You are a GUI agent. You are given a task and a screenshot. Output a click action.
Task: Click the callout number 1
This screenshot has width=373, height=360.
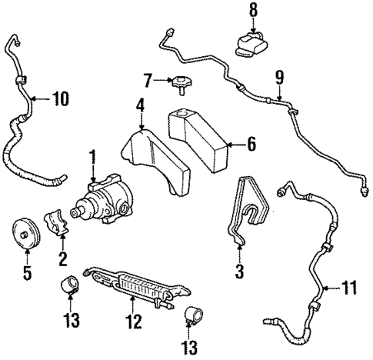[x=93, y=158]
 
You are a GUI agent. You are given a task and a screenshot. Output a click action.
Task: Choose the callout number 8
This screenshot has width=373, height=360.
[x=254, y=11]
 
